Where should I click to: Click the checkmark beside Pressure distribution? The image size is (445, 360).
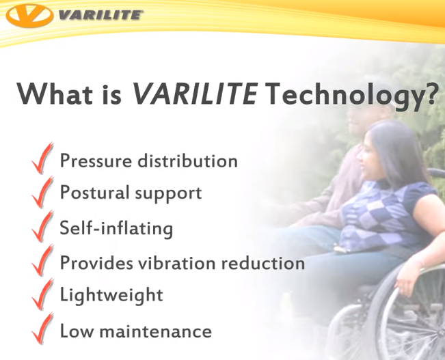coord(42,162)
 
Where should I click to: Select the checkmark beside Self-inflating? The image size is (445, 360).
coord(42,227)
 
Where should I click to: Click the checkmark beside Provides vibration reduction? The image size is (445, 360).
coord(42,263)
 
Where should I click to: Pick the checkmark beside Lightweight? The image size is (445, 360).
coord(42,295)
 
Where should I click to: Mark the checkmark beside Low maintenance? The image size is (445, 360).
coord(42,331)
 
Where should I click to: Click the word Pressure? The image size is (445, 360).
coord(96,161)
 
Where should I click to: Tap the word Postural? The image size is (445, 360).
coord(92,193)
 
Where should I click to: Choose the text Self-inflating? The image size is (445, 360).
coord(116,227)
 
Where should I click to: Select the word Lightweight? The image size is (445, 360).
coord(111,296)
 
